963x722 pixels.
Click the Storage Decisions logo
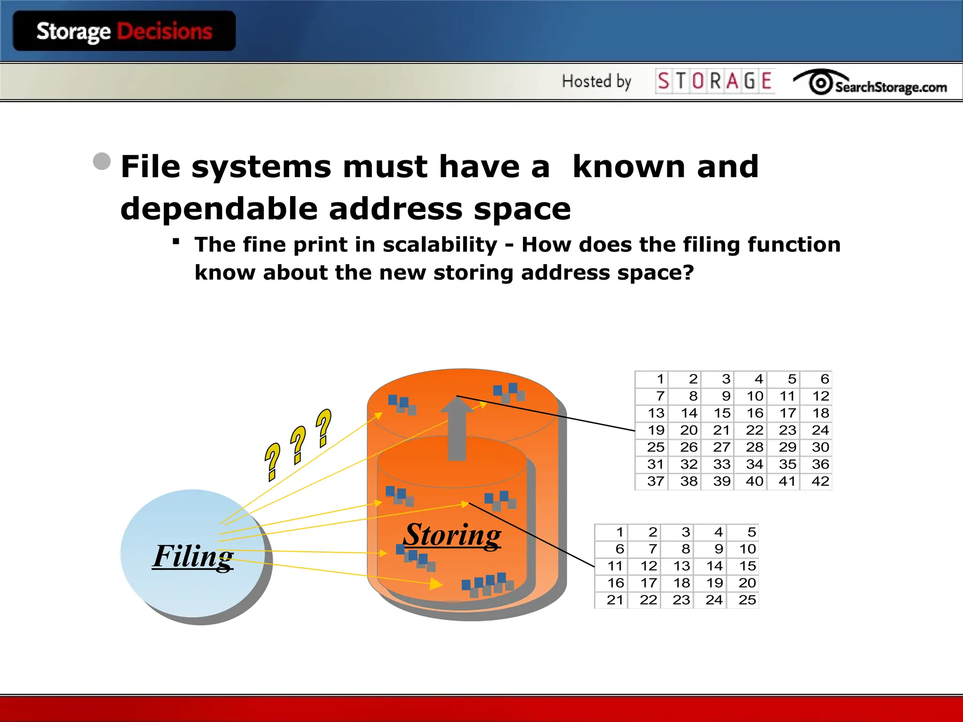click(124, 31)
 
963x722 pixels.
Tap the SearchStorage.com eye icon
click(821, 83)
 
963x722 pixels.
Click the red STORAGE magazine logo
click(715, 81)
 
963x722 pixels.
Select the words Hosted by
click(596, 81)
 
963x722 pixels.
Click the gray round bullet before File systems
click(102, 162)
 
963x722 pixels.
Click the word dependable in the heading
click(219, 209)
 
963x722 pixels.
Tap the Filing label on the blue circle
click(193, 556)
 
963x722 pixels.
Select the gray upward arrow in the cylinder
click(457, 428)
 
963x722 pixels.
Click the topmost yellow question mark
click(324, 427)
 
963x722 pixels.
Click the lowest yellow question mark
click(272, 462)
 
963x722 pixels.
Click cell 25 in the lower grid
click(747, 600)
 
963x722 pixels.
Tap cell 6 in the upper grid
click(824, 379)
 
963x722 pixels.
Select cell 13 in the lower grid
click(681, 566)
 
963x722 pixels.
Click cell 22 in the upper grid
click(754, 430)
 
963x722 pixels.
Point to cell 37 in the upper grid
click(655, 481)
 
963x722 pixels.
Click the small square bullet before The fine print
click(176, 242)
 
